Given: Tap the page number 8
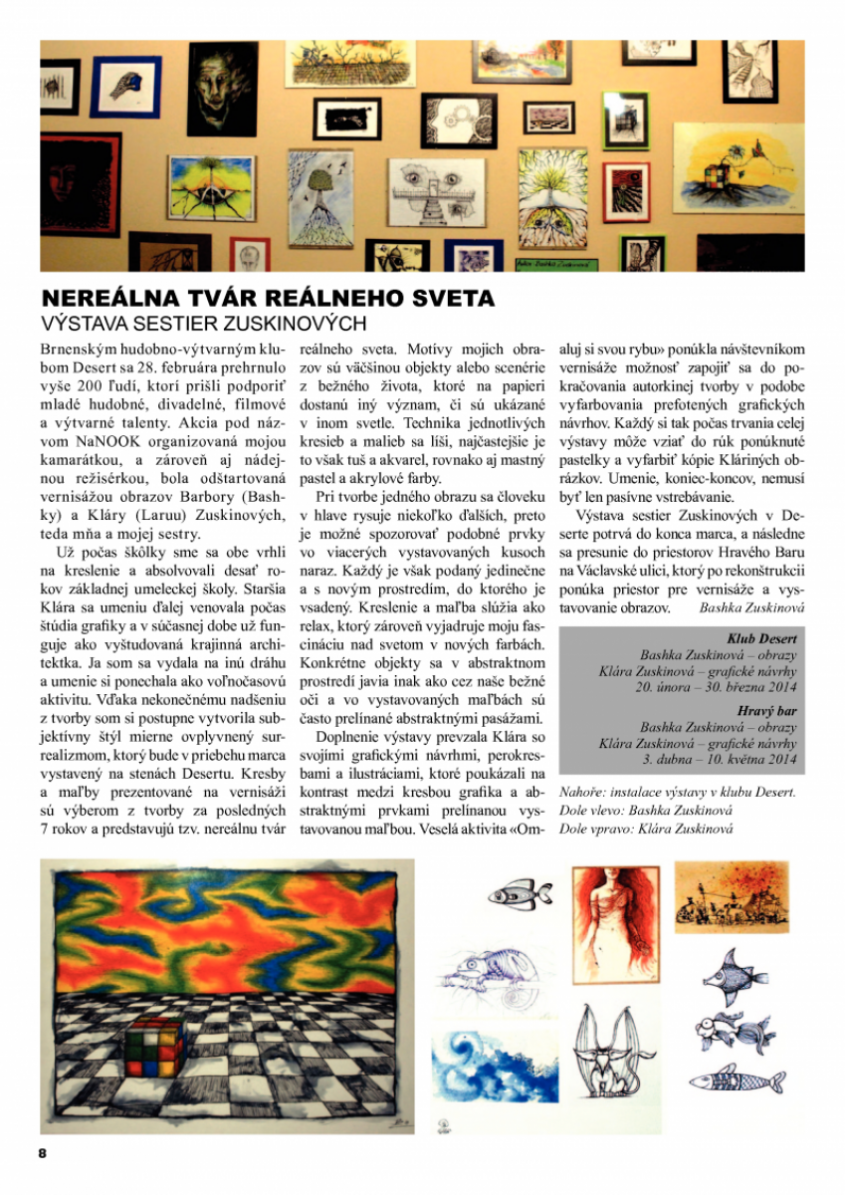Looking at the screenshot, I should point(43,1152).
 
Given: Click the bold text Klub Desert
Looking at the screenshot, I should point(762,639).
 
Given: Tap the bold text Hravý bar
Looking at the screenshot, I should point(766,711).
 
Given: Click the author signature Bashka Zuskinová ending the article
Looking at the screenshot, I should point(751,606).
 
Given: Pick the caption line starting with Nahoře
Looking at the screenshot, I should point(677,793).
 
